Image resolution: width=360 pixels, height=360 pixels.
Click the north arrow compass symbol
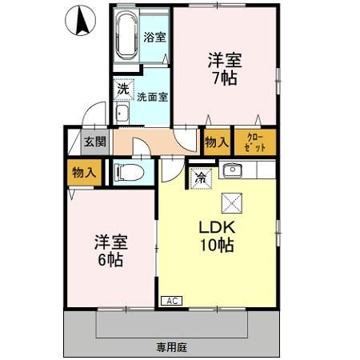click(x=80, y=19)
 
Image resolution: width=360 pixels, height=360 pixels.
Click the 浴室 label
click(x=154, y=37)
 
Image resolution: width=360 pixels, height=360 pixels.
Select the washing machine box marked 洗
click(x=123, y=89)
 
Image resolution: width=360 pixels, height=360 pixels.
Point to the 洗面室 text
click(x=152, y=97)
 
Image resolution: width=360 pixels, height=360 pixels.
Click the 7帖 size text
click(x=225, y=79)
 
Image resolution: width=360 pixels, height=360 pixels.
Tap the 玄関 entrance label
click(x=94, y=142)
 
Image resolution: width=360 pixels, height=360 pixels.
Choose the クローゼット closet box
click(x=253, y=142)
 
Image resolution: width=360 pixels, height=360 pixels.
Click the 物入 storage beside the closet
click(x=216, y=142)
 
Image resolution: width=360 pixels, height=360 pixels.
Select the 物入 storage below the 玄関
click(x=83, y=171)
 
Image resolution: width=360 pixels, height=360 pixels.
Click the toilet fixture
click(x=128, y=171)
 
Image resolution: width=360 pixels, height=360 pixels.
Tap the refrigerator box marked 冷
click(x=200, y=178)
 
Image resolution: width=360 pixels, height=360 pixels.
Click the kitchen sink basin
click(x=232, y=170)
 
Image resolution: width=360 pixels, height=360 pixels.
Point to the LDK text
click(x=216, y=227)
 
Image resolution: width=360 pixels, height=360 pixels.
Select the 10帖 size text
click(x=216, y=246)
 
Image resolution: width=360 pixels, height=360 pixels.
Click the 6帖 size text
click(x=109, y=260)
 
